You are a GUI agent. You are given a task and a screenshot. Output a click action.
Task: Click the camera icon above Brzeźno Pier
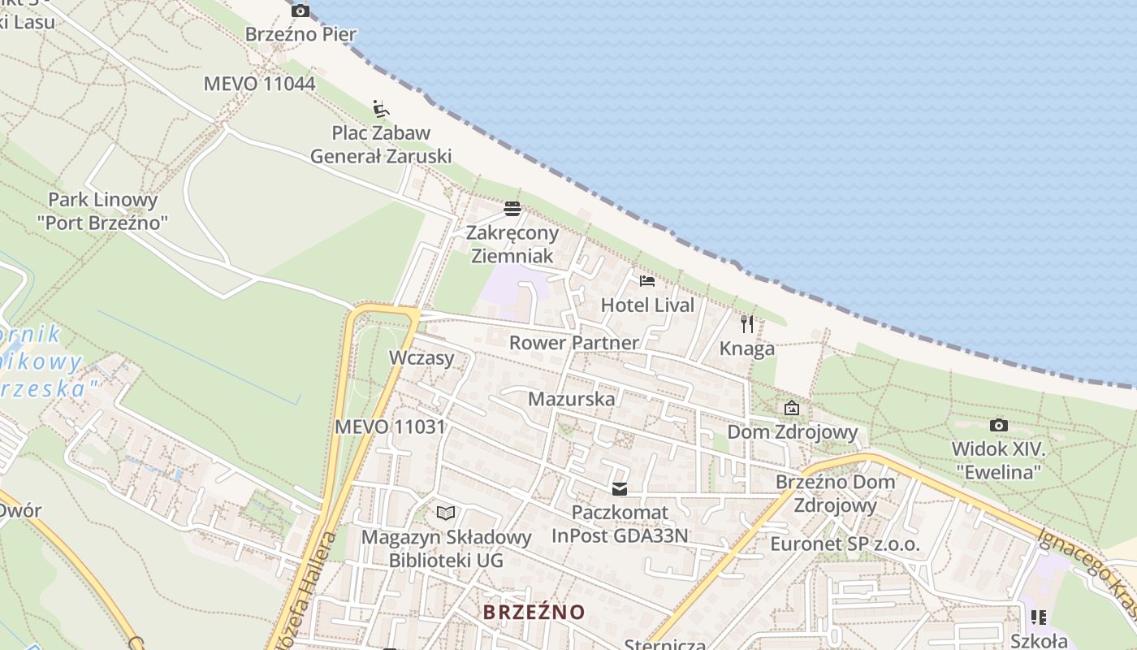pos(300,11)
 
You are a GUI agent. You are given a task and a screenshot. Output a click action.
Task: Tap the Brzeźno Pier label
pos(300,34)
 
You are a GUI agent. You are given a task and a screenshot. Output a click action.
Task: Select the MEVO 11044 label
pos(259,83)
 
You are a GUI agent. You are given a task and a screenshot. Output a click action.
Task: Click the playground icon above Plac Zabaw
pos(381,108)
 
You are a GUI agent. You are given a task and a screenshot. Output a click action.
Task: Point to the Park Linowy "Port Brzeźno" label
pos(103,210)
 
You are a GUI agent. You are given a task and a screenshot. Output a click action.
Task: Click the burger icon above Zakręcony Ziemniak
pos(512,209)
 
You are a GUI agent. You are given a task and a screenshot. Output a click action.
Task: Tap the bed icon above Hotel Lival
pos(647,281)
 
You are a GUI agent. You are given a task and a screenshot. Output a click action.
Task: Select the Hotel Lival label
pos(647,305)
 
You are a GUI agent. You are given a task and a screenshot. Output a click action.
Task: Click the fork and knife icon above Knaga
pos(747,324)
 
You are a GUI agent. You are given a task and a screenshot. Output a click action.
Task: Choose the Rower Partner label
pos(574,343)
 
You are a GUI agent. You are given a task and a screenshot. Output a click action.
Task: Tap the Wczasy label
pos(422,357)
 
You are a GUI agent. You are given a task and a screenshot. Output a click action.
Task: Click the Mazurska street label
pos(572,399)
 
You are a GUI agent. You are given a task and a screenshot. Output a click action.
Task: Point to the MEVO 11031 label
pos(390,427)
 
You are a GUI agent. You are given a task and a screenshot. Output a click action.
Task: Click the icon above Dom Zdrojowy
pos(792,408)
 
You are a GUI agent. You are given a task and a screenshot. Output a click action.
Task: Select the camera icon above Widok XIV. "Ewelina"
pos(998,425)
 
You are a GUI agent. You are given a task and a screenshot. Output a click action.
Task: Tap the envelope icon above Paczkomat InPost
pos(620,489)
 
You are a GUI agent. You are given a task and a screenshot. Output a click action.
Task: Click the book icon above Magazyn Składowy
pos(445,513)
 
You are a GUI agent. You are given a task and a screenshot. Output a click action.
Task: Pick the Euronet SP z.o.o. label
pos(845,544)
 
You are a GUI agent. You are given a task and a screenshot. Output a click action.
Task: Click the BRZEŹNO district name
pos(534,612)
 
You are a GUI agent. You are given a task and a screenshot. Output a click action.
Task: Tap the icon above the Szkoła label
pos(1038,617)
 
